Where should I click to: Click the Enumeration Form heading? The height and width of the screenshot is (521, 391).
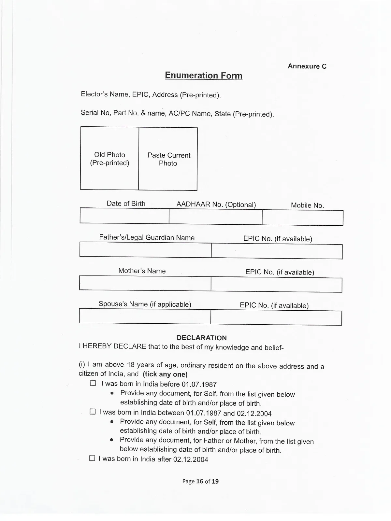coord(204,76)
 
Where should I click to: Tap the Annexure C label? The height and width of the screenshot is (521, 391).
coord(307,66)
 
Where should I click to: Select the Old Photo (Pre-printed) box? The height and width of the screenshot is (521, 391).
coord(109,159)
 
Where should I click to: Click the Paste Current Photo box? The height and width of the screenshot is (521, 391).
coord(168,159)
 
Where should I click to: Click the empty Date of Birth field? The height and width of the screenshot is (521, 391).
coord(124,216)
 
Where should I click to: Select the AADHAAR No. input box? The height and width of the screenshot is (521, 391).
coord(215,217)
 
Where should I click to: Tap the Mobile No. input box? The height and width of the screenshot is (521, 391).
coord(302,218)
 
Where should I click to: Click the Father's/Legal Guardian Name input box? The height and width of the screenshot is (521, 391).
coord(145,250)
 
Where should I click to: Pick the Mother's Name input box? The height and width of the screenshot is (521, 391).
coord(145,283)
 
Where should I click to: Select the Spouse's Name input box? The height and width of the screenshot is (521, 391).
coord(145,316)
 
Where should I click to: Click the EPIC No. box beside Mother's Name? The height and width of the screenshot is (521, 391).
coord(276,285)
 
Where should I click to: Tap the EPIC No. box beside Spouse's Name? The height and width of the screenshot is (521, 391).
coord(276,318)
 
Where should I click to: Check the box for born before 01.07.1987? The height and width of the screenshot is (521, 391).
coord(93,383)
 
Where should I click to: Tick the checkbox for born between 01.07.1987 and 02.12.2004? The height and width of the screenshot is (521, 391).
coord(93,412)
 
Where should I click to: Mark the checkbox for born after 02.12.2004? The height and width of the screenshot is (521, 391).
coord(92,458)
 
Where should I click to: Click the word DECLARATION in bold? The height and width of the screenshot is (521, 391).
coord(202,338)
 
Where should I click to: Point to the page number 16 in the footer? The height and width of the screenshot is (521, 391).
coord(200,481)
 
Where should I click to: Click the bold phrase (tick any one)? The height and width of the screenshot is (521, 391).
coord(165,374)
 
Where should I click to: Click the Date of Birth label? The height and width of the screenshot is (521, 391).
coord(126,204)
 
